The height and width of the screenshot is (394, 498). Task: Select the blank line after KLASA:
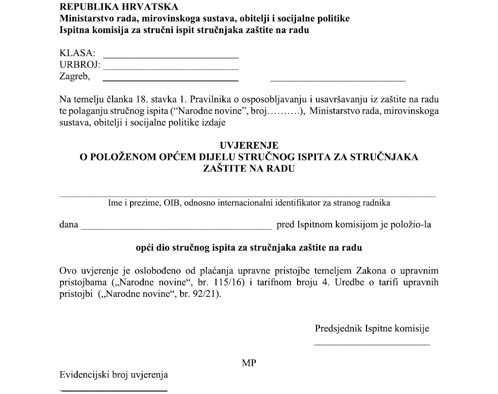pyautogui.click(x=171, y=57)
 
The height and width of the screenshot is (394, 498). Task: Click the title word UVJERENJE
pyautogui.click(x=249, y=145)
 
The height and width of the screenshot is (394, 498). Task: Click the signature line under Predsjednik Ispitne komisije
pyautogui.click(x=372, y=345)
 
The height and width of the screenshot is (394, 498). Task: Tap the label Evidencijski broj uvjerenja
pyautogui.click(x=114, y=375)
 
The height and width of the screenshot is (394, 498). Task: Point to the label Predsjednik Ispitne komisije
pyautogui.click(x=372, y=328)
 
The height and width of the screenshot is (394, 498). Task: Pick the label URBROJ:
pyautogui.click(x=80, y=65)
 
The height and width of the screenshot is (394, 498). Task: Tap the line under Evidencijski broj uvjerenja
pyautogui.click(x=114, y=390)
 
